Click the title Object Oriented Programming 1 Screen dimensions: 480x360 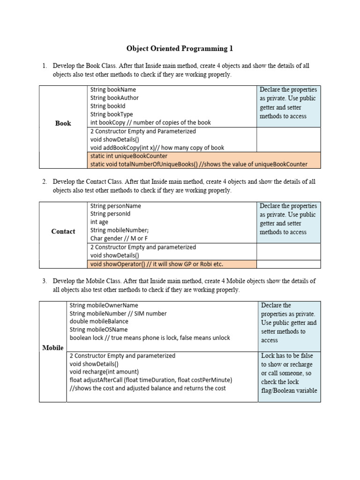click(x=180, y=49)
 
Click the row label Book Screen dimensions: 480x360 click(x=63, y=123)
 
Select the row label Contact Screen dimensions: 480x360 click(x=63, y=232)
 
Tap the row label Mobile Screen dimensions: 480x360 click(x=53, y=348)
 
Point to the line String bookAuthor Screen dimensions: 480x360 click(x=114, y=98)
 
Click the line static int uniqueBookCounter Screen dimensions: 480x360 click(x=129, y=156)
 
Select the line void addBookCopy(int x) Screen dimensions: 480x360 click(x=157, y=148)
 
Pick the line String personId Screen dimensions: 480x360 click(x=110, y=214)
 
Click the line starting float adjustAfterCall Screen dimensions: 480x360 click(x=150, y=380)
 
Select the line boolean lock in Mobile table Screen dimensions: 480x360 click(x=150, y=337)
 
